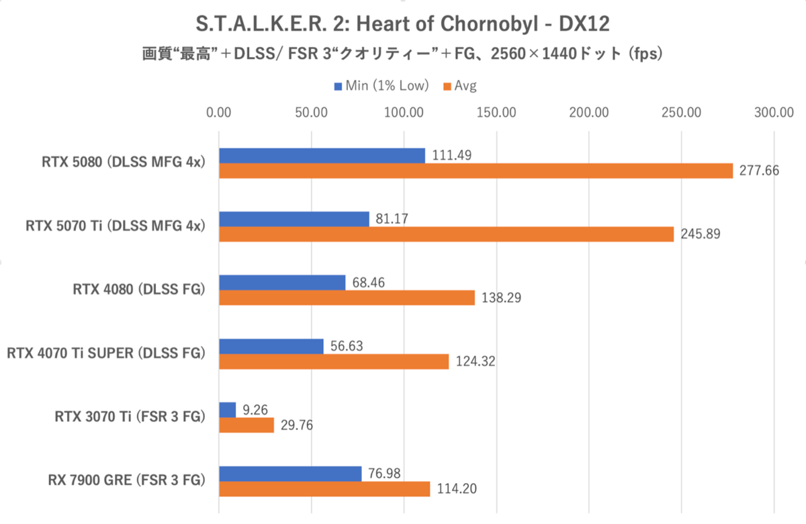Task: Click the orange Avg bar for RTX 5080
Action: point(476,171)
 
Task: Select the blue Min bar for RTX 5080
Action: point(322,155)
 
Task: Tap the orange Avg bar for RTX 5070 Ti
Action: point(446,234)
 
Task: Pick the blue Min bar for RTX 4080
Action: point(282,282)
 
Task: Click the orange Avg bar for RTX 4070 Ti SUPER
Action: point(333,361)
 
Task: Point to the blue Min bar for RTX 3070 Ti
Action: point(227,409)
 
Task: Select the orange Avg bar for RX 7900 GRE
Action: point(324,489)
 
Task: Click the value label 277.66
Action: point(758,171)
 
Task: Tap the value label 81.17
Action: point(394,218)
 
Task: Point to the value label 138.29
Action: point(500,298)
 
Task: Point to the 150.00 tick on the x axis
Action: point(495,112)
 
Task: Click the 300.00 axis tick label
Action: point(773,112)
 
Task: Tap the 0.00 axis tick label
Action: point(218,112)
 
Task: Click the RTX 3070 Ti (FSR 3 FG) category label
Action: point(129,417)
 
